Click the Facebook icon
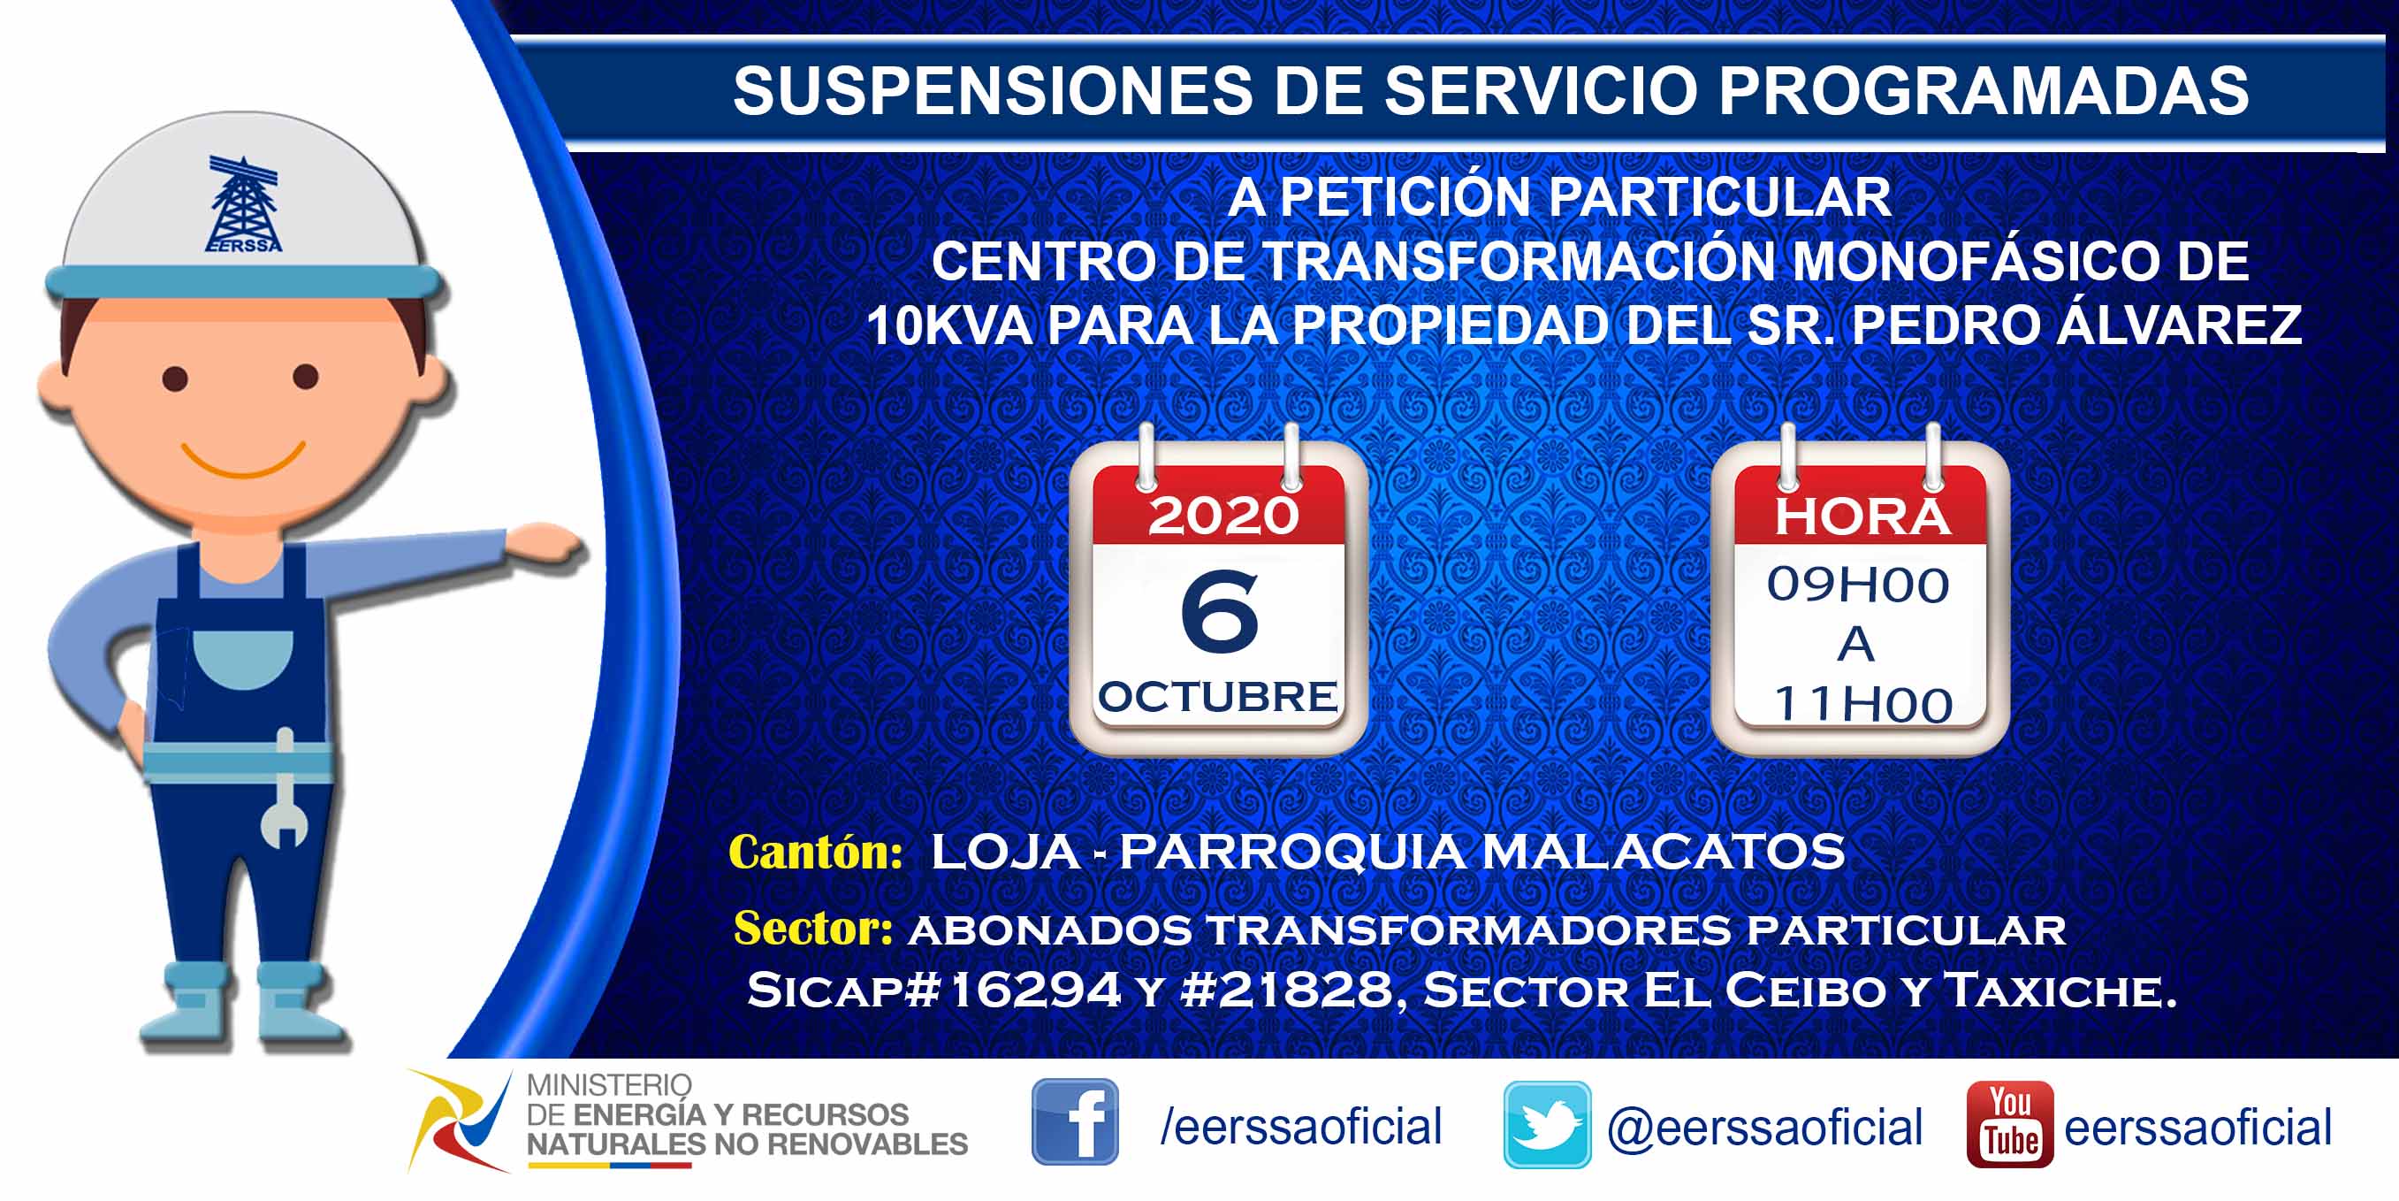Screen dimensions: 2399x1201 pyautogui.click(x=1075, y=1121)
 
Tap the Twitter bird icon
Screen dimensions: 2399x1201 pyautogui.click(x=1547, y=1125)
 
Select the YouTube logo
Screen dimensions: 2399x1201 pyautogui.click(x=2010, y=1124)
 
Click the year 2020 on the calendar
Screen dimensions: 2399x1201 pyautogui.click(x=1222, y=516)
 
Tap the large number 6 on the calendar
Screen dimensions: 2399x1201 pyautogui.click(x=1219, y=610)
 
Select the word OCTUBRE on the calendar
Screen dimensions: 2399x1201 pyautogui.click(x=1218, y=697)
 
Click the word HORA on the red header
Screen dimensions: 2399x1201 pyautogui.click(x=1862, y=517)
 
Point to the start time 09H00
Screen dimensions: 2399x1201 pyautogui.click(x=1858, y=585)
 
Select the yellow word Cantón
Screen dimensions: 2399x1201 pyautogui.click(x=816, y=852)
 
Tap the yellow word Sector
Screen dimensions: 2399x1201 pyautogui.click(x=813, y=928)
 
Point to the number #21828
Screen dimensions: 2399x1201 pyautogui.click(x=1286, y=990)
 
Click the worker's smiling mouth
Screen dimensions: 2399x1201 pyautogui.click(x=243, y=458)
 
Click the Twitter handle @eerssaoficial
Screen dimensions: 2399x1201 pyautogui.click(x=1765, y=1128)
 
